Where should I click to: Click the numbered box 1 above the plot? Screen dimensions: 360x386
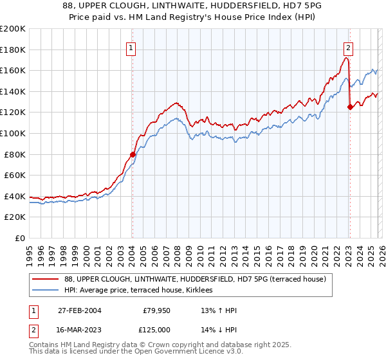click(131, 47)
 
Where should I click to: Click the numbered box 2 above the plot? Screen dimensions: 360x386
click(348, 47)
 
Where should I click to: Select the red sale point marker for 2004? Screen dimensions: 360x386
click(133, 154)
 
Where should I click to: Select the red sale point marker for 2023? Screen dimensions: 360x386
click(350, 107)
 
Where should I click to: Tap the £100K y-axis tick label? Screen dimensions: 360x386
click(13, 133)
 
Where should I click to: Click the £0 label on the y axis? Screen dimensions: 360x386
click(21, 238)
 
